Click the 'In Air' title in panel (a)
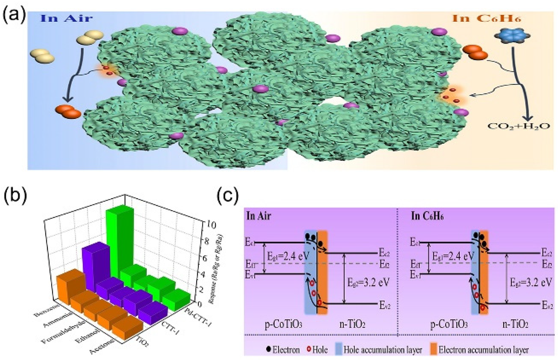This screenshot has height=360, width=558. pyautogui.click(x=66, y=18)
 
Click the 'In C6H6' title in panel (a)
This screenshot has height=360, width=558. pyautogui.click(x=486, y=18)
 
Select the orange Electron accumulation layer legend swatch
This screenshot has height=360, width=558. pyautogui.click(x=433, y=349)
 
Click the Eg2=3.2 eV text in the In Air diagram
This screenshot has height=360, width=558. pyautogui.click(x=368, y=282)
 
